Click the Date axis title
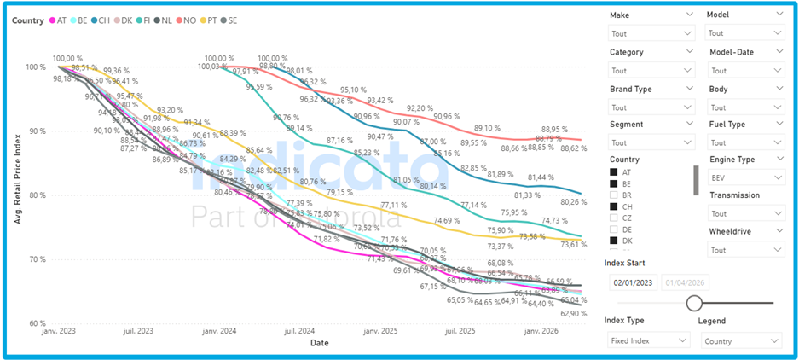coord(320,342)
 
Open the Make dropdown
coord(652,33)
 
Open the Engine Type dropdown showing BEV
coord(745,177)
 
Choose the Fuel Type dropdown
coord(745,142)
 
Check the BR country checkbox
coord(614,195)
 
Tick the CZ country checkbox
coord(614,218)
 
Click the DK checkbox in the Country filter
coord(614,241)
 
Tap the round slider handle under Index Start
coord(694,303)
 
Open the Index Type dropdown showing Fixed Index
coord(648,340)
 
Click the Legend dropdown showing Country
coord(741,340)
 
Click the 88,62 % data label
coord(574,148)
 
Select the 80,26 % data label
coord(574,202)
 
